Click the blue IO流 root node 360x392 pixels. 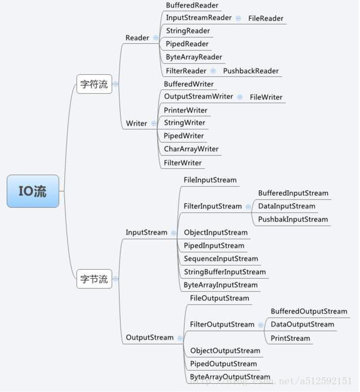tap(33, 191)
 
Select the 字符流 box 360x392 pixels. tap(94, 84)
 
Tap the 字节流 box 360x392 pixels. tap(94, 279)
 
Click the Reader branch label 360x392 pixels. tap(137, 38)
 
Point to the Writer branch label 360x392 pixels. tap(137, 123)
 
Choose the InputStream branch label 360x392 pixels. tap(147, 232)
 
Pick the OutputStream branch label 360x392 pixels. tap(150, 337)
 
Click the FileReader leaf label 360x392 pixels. tap(266, 18)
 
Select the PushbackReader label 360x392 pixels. tap(251, 71)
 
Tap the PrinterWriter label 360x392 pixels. tap(186, 110)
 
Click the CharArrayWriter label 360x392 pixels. tap(191, 149)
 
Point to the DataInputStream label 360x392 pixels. tap(286, 206)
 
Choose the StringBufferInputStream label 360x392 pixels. tap(225, 272)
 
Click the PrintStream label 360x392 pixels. tap(290, 338)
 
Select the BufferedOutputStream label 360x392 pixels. tap(309, 311)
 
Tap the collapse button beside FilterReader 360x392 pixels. tap(213, 71)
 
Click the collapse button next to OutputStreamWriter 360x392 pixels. tap(240, 97)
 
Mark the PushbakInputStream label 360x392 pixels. tap(293, 219)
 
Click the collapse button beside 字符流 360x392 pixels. tap(116, 84)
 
